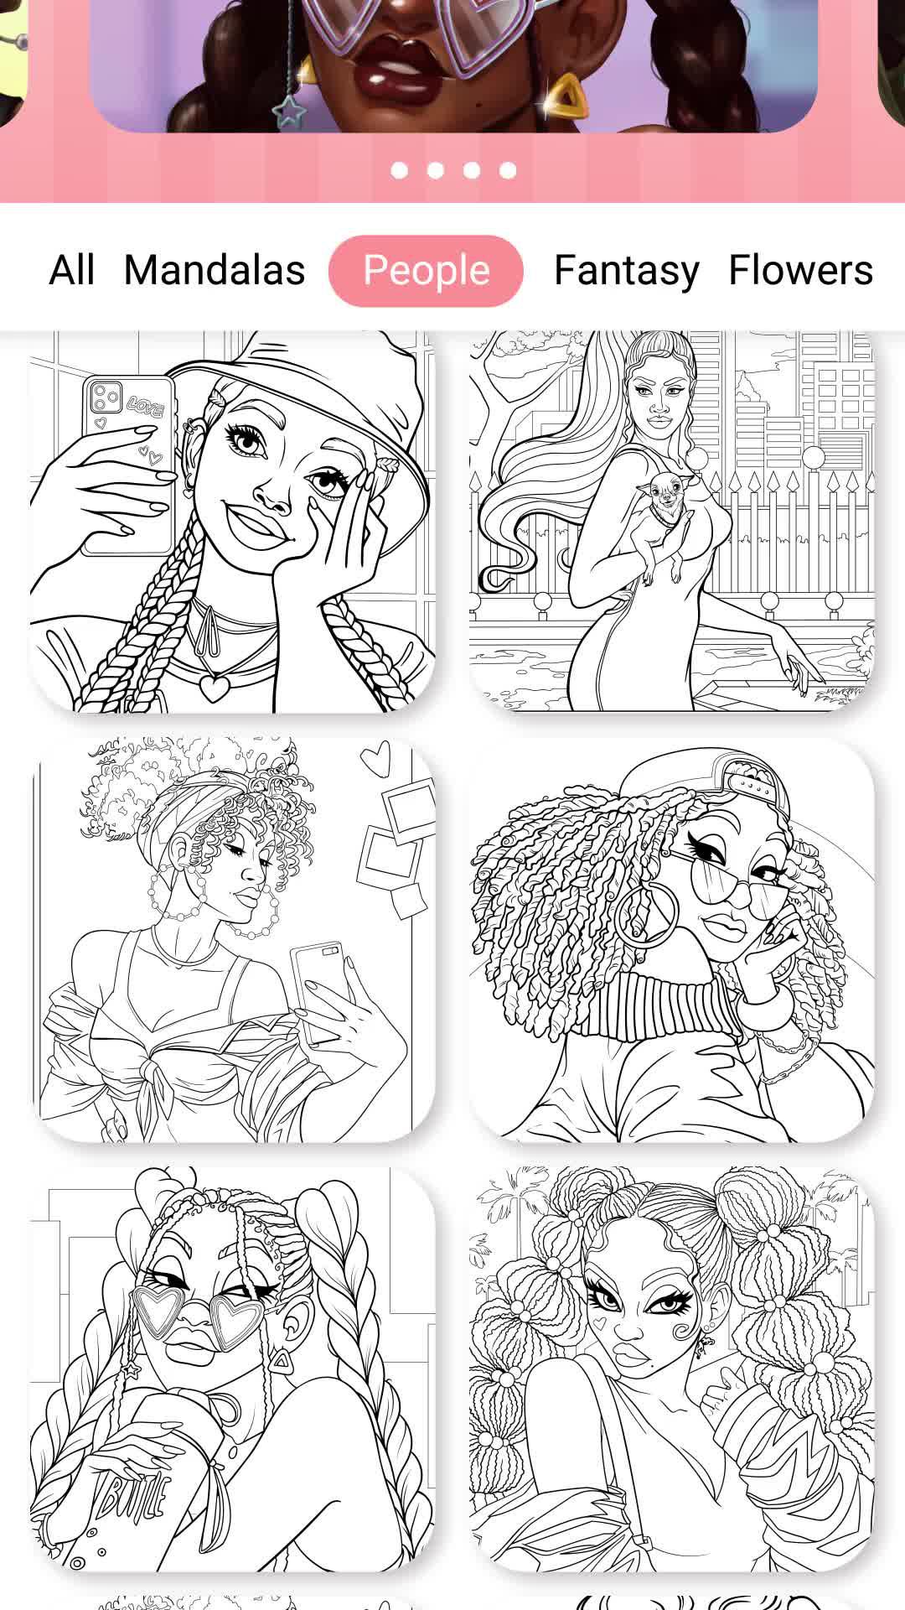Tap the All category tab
tap(72, 271)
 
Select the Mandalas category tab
tap(215, 271)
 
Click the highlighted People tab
tap(426, 271)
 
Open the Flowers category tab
tap(800, 271)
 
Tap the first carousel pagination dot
tap(399, 170)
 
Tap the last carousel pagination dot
tap(508, 170)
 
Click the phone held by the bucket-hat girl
tap(128, 465)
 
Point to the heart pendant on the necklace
tap(215, 688)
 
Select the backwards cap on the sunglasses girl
tap(721, 784)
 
